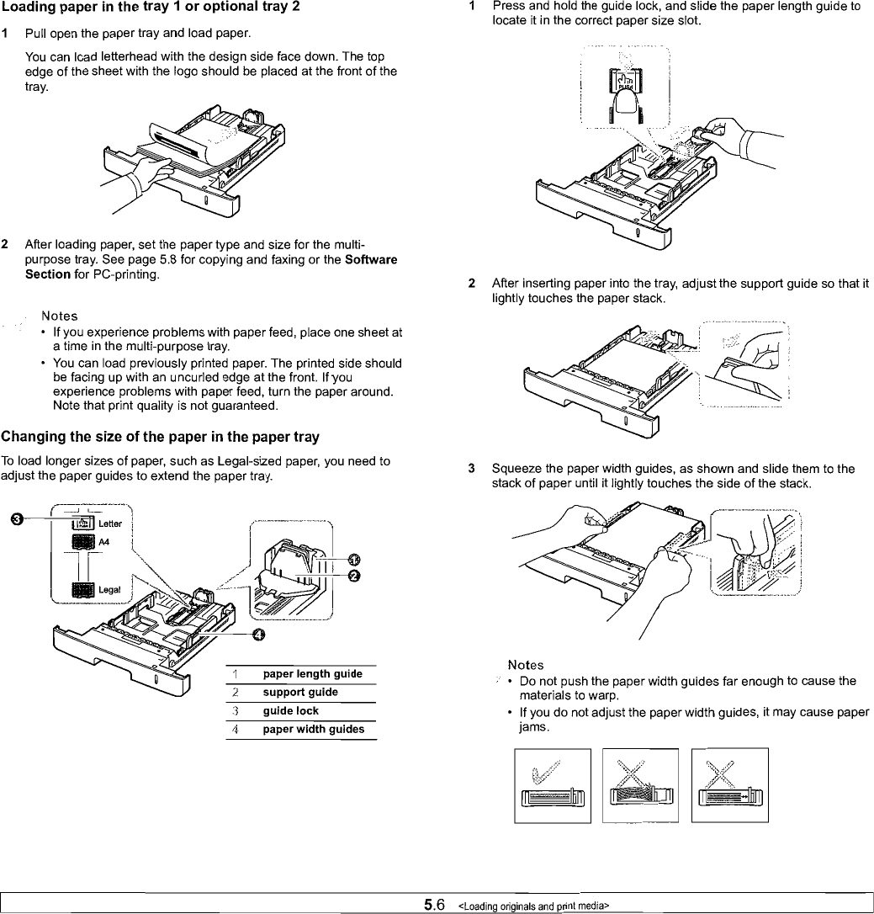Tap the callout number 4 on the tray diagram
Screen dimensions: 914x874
[x=258, y=634]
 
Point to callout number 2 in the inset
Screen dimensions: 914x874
[x=354, y=576]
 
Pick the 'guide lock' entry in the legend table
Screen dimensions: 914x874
[x=290, y=710]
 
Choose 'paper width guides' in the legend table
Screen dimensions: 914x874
[x=313, y=729]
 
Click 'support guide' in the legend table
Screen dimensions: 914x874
[x=300, y=692]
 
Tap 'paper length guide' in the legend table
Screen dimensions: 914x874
[x=312, y=673]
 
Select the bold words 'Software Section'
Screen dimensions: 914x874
[x=370, y=267]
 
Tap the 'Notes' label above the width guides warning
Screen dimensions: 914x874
[x=526, y=665]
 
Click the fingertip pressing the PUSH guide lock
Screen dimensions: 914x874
[x=624, y=102]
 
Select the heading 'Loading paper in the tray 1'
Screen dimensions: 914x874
[x=140, y=8]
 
